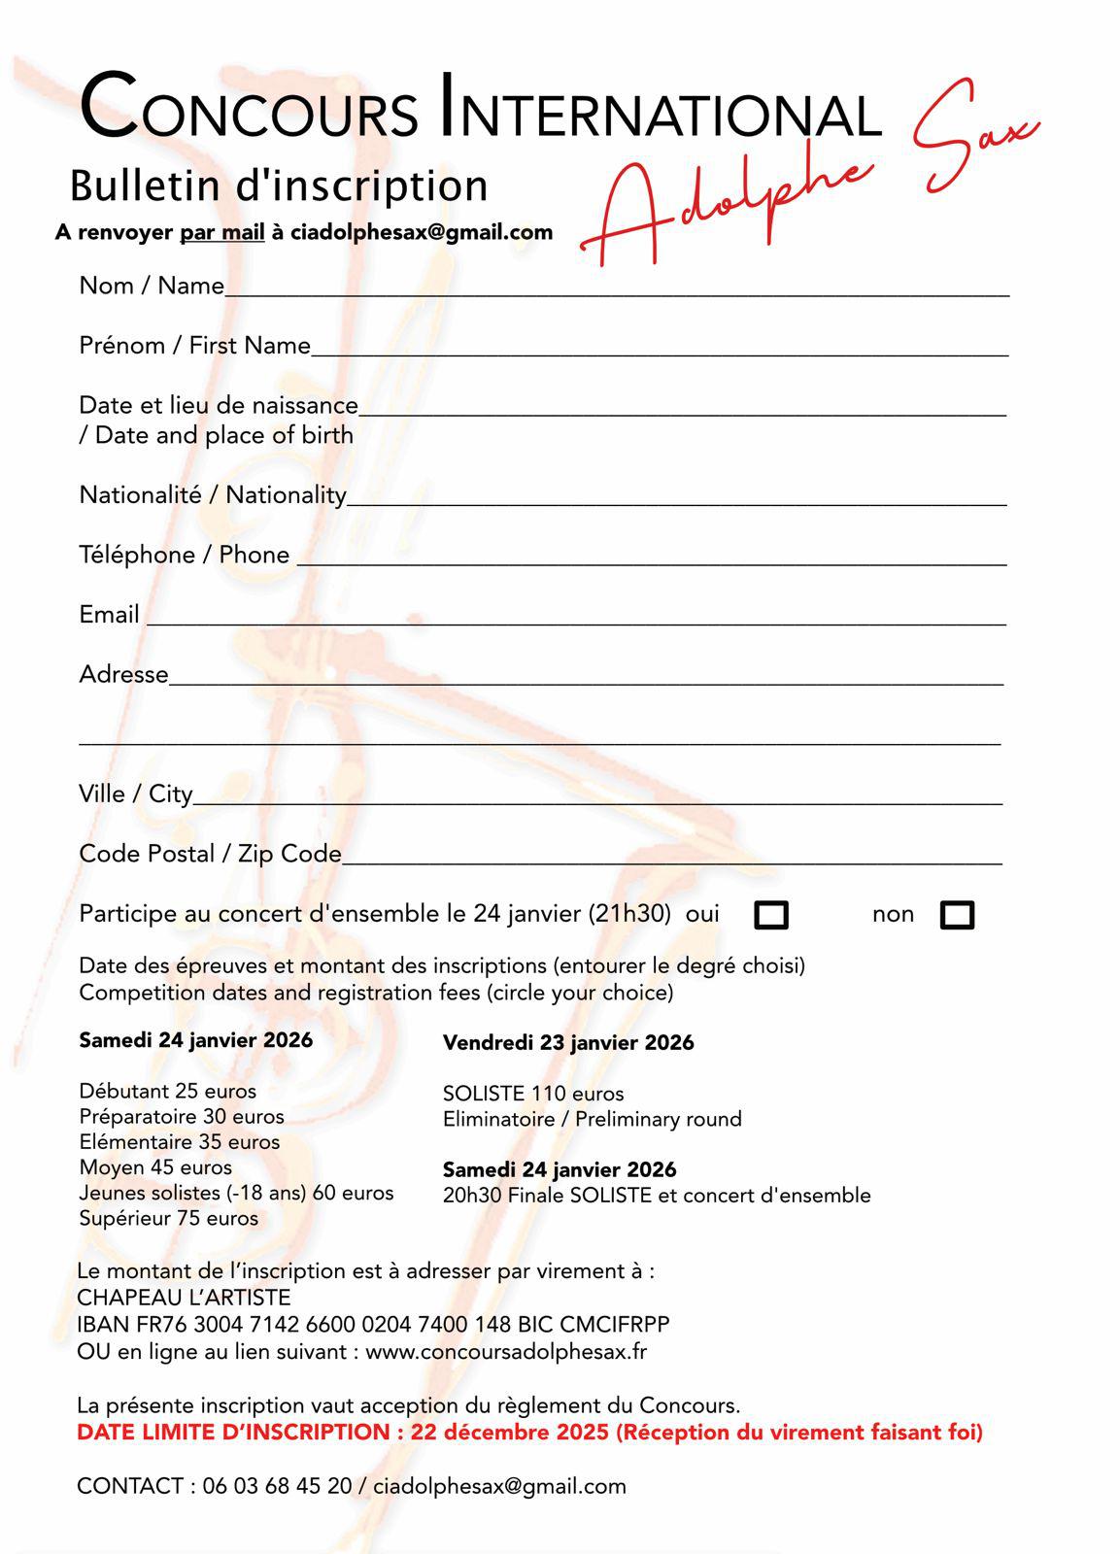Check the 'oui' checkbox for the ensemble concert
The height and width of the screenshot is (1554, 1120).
coord(771,915)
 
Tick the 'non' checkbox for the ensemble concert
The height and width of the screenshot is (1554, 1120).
coord(957,915)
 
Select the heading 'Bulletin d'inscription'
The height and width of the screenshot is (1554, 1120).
coord(279,186)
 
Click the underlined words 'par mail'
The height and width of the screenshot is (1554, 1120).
coord(222,233)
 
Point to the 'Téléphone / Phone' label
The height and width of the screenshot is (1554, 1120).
coord(185,555)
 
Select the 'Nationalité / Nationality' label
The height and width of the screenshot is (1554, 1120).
coord(213,495)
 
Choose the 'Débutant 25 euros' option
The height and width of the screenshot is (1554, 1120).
coord(167,1092)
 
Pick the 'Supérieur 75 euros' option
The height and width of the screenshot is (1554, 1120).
coord(168,1218)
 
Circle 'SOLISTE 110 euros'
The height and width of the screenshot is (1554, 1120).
coord(533,1094)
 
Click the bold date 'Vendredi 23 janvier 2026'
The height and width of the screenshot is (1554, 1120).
coord(568,1043)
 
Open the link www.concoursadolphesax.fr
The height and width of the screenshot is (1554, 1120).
coord(506,1352)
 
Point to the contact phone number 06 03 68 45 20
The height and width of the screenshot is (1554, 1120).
coord(277,1486)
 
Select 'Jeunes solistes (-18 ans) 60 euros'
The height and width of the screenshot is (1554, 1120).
coord(236,1193)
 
